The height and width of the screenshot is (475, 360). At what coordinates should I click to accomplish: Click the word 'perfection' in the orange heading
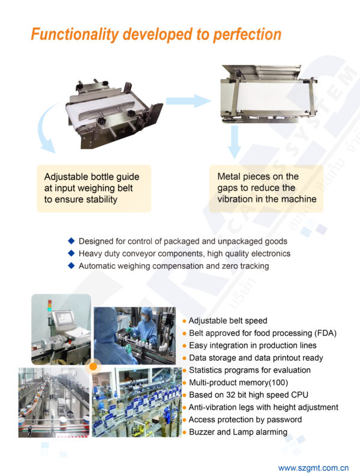247,35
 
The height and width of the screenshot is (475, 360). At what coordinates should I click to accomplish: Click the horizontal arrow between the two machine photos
188,101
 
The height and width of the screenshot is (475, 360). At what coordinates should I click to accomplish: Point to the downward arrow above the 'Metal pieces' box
234,142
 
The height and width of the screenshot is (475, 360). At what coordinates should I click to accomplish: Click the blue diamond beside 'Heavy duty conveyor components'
71,253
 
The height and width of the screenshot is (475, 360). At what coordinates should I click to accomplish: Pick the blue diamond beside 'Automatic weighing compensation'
71,265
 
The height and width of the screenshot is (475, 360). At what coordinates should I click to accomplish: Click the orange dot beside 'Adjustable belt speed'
184,321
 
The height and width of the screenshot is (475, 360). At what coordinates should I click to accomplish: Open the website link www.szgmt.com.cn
313,468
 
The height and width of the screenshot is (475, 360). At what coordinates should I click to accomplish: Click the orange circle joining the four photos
93,366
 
